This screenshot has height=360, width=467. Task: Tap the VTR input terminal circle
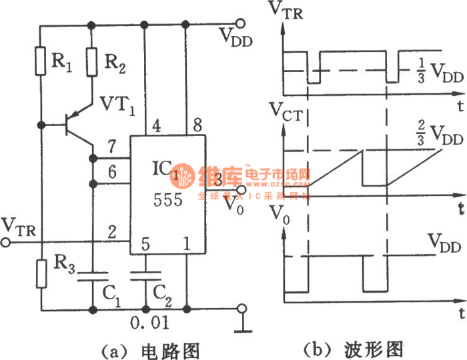7,243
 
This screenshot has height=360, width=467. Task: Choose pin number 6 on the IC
113,172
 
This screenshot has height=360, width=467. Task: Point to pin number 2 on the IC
113,232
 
